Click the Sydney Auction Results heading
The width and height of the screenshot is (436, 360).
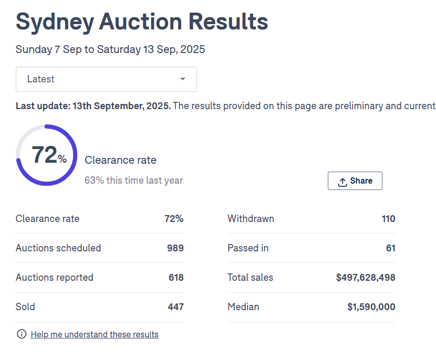pos(142,22)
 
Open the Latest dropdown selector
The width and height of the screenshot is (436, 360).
pos(106,79)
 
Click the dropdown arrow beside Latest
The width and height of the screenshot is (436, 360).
pos(182,79)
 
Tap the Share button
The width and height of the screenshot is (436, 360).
pos(355,181)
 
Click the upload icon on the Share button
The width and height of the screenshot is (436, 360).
pos(342,182)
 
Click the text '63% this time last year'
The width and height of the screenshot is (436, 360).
pos(133,181)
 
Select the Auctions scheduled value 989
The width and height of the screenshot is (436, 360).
pos(175,248)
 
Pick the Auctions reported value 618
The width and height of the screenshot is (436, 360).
pos(175,278)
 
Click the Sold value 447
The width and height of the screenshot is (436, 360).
pos(175,307)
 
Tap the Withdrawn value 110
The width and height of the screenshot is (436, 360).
pos(388,219)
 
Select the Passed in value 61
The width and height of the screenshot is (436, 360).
pos(390,248)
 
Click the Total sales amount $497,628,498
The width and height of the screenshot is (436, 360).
pos(366,278)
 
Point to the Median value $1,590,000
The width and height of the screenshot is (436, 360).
pos(371,307)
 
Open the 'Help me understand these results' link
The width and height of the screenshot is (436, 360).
pos(95,334)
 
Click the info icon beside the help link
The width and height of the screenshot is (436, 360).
pos(22,334)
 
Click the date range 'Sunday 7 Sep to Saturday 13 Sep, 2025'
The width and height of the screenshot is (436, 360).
pos(110,50)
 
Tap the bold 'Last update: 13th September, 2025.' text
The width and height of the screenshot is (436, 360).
pos(93,106)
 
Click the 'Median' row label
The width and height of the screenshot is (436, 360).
pos(243,307)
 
